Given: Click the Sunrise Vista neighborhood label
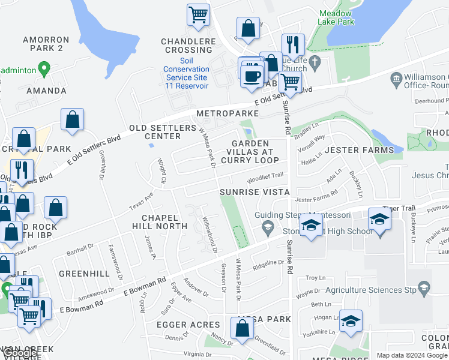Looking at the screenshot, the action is click(255, 192).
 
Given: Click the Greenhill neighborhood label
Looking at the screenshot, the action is click(84, 274).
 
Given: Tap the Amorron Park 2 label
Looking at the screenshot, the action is click(46, 44).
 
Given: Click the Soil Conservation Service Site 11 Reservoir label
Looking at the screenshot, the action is click(185, 73).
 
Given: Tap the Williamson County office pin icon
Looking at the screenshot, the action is click(396, 79).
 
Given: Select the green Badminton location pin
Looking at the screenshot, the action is click(43, 68).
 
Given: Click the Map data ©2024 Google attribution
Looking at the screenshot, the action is click(411, 355).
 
